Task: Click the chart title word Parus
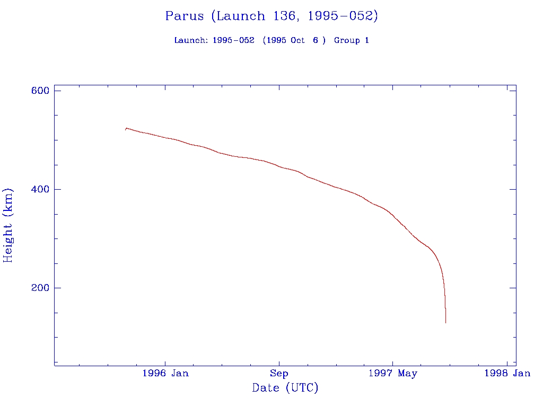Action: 184,16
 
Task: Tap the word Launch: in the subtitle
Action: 191,41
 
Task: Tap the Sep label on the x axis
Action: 279,374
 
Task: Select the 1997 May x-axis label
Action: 392,374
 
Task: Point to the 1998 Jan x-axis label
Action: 507,374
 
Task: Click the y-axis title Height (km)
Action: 8,225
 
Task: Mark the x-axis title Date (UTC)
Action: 285,388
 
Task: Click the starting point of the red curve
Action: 126,129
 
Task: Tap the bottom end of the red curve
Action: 445,322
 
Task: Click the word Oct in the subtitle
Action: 297,41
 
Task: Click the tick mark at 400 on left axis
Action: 57,189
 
